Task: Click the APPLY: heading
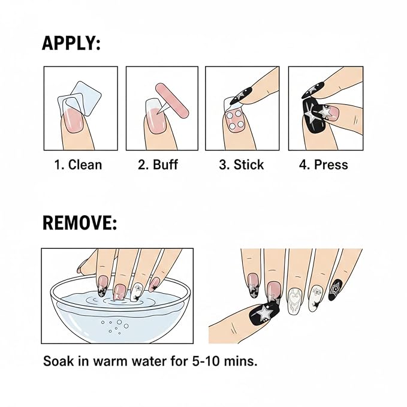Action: (x=71, y=43)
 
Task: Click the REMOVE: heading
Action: (x=80, y=223)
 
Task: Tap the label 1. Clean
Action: (x=78, y=165)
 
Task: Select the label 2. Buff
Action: (x=158, y=165)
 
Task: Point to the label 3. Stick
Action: (x=241, y=165)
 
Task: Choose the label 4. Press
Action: (x=324, y=165)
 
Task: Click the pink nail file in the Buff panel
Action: (x=172, y=101)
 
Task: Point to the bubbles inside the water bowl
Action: (x=115, y=327)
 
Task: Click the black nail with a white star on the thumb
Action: (x=264, y=312)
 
